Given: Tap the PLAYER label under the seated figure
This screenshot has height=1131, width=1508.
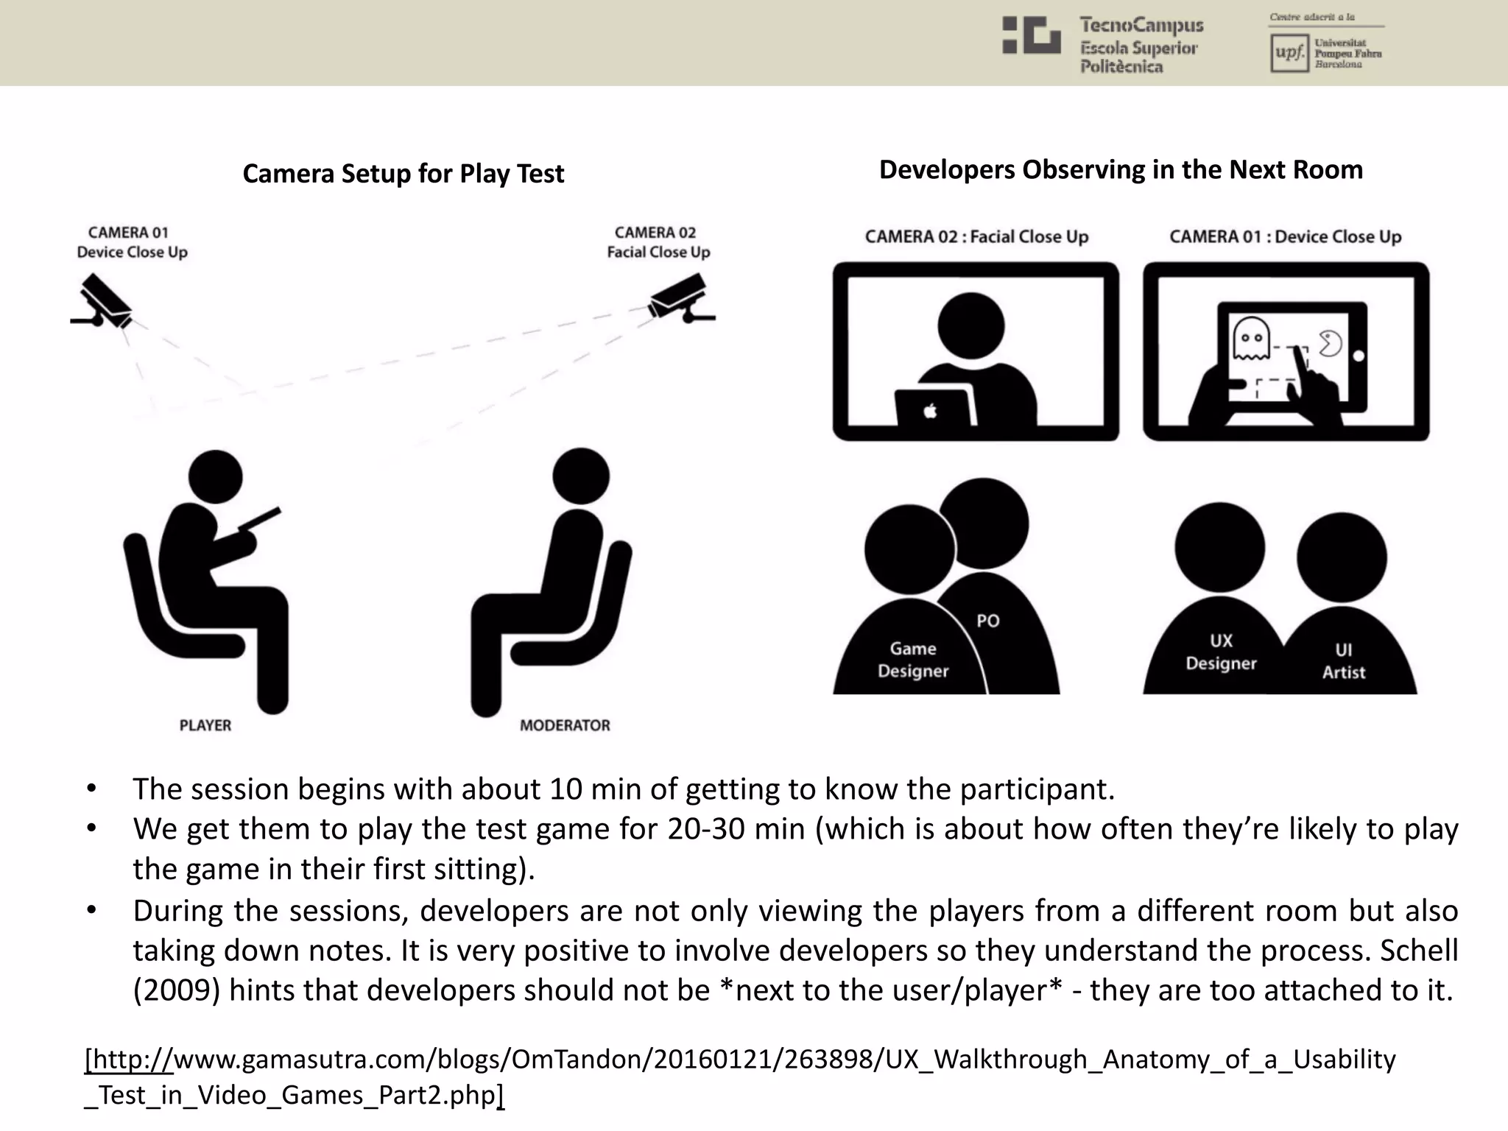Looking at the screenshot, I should coord(205,725).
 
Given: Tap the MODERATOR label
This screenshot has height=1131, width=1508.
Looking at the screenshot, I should coord(565,725).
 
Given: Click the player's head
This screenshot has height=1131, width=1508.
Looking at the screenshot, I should coord(215,477).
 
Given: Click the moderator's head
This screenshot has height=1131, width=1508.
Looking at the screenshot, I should coord(581,476).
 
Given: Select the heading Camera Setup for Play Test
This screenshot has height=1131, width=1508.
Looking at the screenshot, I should coord(403,174).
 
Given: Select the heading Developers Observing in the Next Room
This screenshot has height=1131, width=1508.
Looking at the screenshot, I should coord(1121,170).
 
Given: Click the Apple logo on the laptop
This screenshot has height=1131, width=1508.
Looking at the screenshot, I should coord(931,411).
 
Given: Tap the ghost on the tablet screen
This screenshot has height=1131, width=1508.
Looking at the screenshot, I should coord(1251,339).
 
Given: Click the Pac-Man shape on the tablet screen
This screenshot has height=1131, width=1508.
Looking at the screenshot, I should coord(1330,343).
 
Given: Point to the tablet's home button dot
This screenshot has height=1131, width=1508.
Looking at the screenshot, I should coord(1359,356).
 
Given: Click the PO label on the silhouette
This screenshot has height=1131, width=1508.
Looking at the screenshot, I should coord(987,621).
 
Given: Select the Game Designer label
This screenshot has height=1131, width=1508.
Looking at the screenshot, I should coord(913,660).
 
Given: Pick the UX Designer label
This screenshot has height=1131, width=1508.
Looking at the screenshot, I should coord(1221,652).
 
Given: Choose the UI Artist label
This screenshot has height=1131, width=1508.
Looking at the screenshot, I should coord(1343,660).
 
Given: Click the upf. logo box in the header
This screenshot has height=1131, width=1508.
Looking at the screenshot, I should coord(1289,54).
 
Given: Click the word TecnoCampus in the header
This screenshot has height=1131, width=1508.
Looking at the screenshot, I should coord(1141,25).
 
